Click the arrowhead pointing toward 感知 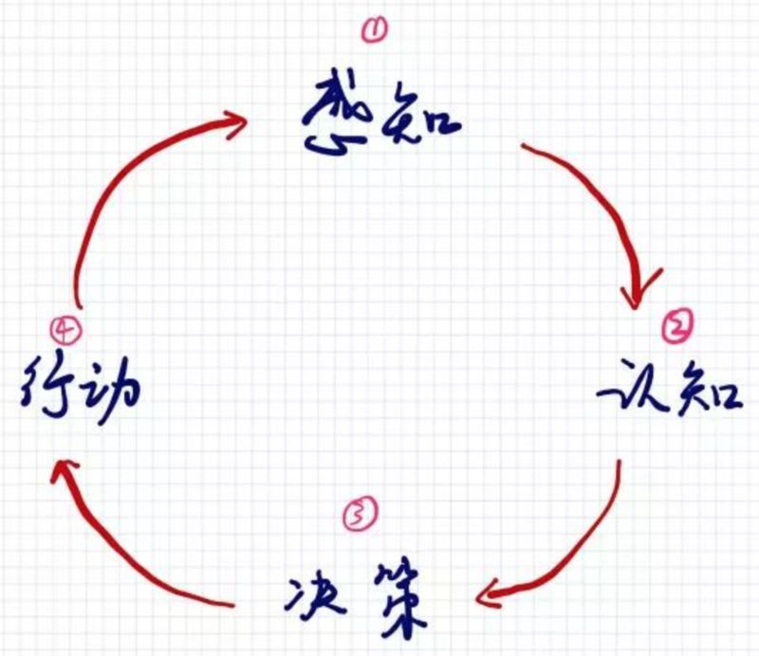(237, 123)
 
